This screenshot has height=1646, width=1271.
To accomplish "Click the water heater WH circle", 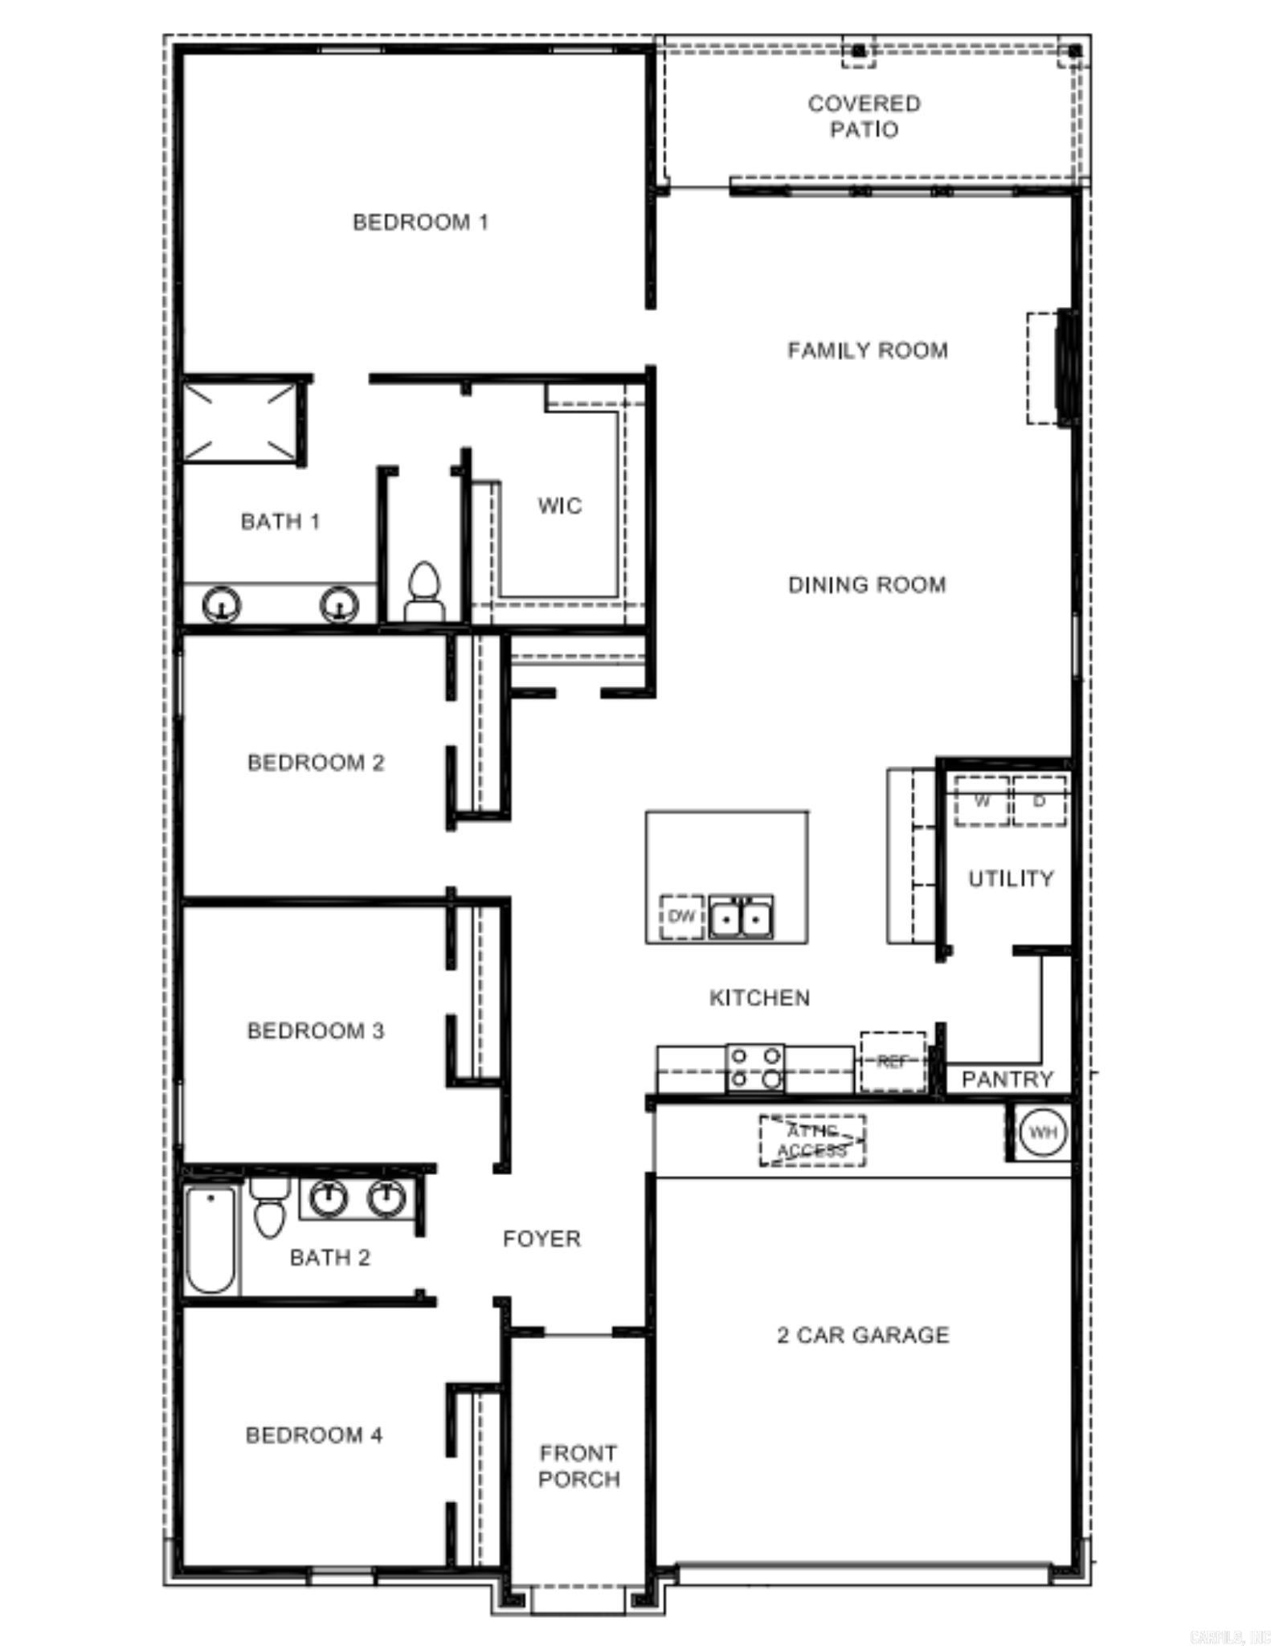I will click(x=1042, y=1132).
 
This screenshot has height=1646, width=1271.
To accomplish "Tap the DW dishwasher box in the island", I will click(x=681, y=916).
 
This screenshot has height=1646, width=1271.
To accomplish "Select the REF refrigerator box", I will click(x=892, y=1062).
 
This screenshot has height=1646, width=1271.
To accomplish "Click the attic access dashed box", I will click(x=812, y=1140).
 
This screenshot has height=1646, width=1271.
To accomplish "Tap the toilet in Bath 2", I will click(x=269, y=1208).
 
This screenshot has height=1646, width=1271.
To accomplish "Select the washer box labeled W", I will click(x=981, y=801).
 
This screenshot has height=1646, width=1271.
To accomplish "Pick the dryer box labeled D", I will click(x=1039, y=801).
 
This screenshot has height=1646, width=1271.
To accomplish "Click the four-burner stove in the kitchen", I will click(x=755, y=1068).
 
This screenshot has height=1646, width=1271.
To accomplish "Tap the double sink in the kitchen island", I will click(x=741, y=917).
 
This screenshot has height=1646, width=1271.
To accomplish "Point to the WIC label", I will click(x=559, y=506).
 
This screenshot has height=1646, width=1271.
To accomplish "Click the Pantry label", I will click(x=1007, y=1079).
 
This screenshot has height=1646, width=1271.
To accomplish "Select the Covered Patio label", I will click(x=864, y=117).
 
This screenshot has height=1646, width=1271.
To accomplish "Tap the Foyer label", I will click(x=542, y=1239).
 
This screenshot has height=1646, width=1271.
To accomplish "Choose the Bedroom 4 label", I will click(x=314, y=1435).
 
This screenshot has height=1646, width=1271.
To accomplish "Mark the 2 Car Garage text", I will click(x=863, y=1335).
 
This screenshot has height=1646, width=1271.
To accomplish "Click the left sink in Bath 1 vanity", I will click(x=221, y=604).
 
